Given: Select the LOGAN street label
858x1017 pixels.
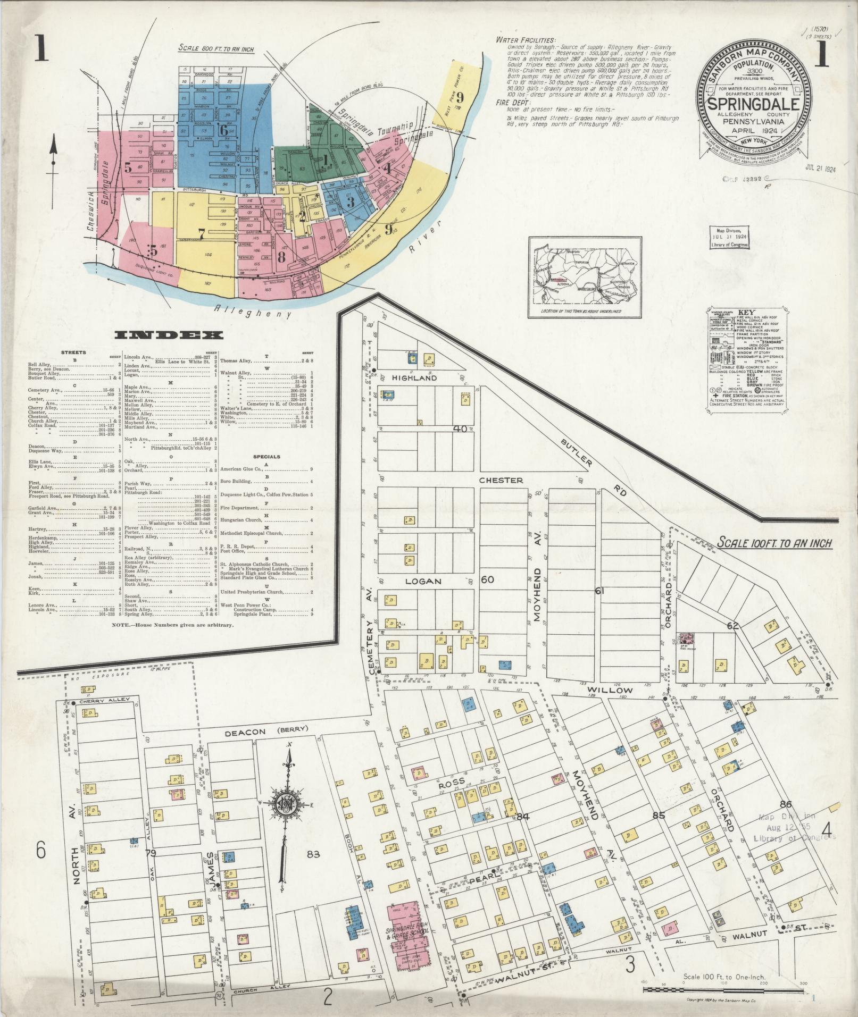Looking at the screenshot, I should click(x=424, y=581).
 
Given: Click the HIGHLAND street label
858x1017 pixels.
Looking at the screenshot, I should click(x=414, y=377).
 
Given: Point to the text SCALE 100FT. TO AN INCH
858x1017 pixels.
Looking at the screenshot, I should click(x=774, y=543).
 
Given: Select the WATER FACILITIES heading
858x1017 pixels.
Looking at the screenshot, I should click(x=526, y=40).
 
